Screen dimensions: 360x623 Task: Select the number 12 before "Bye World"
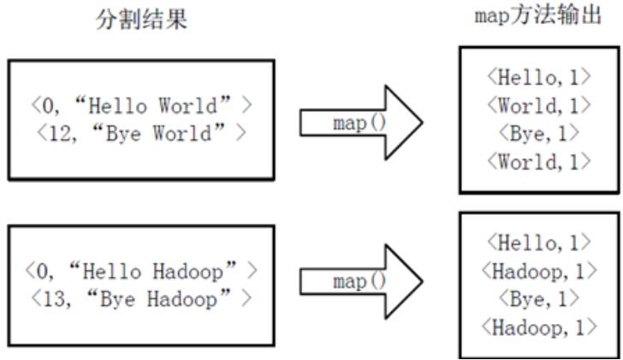(x=50, y=134)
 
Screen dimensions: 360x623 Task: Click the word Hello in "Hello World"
(x=116, y=107)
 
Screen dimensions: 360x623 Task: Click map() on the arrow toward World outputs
(x=348, y=123)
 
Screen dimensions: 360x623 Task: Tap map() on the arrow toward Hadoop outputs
(x=348, y=282)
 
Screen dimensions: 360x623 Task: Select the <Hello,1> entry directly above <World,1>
(x=537, y=78)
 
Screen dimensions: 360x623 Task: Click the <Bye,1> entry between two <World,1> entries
(x=537, y=133)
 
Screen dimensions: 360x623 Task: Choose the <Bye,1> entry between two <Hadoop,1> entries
(x=537, y=300)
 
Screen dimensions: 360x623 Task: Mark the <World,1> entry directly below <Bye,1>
(x=537, y=162)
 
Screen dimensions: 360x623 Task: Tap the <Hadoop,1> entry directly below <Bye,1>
(x=537, y=328)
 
